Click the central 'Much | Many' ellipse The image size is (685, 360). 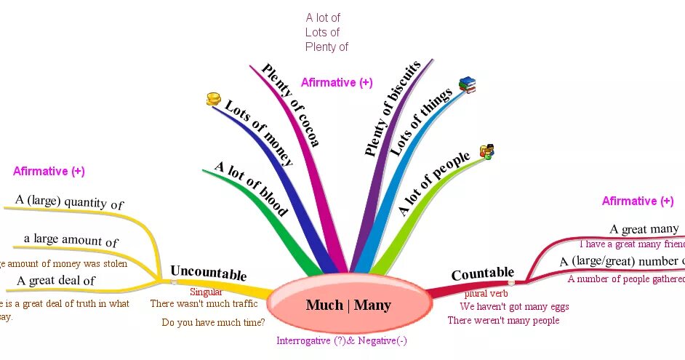pos(349,305)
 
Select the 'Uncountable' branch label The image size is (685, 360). pos(208,273)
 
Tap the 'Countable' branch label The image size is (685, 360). pos(482,274)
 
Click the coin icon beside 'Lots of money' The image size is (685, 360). pos(213,100)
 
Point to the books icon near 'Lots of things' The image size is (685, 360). pos(467,85)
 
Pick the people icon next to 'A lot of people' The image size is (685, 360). pos(487,153)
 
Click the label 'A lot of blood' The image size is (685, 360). pos(252,188)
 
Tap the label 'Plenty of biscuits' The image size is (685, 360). pos(393,109)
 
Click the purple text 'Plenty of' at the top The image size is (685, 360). pos(327,47)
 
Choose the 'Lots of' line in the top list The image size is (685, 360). pos(322,32)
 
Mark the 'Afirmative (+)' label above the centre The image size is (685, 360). pos(337,83)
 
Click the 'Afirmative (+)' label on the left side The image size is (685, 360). pos(49,172)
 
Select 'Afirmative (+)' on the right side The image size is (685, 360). pos(638,201)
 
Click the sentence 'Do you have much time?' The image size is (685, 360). pos(213,322)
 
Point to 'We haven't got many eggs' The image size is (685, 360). pos(514,307)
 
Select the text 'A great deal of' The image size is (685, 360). pos(56,280)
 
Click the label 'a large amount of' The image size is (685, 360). pos(71,240)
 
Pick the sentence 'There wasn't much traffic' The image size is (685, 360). pos(204,303)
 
